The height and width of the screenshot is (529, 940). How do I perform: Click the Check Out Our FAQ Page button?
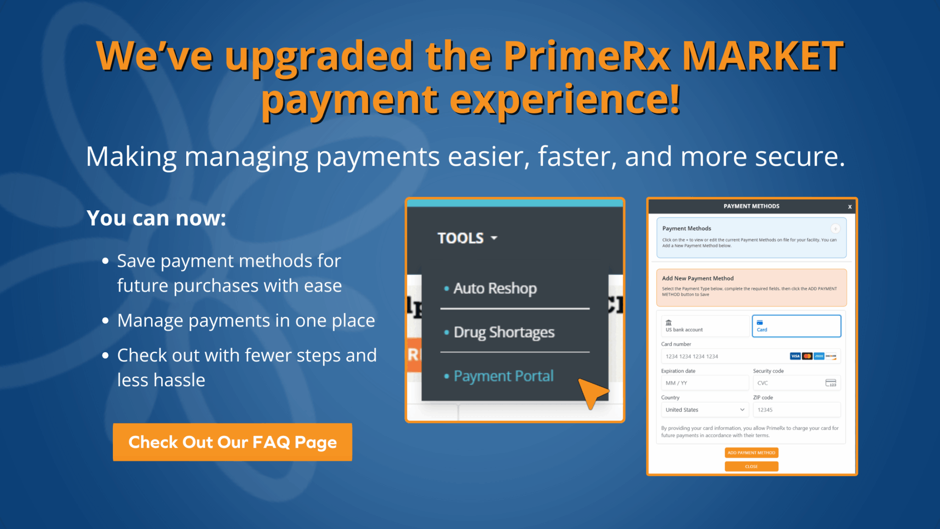pos(232,442)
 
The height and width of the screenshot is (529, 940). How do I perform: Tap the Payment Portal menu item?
pos(503,376)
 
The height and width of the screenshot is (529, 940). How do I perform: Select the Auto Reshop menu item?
pos(495,288)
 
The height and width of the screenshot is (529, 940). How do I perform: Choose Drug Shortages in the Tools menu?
pos(504,332)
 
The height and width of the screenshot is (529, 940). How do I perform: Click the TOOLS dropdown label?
pos(467,238)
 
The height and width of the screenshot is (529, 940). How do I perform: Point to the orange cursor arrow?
pos(592,392)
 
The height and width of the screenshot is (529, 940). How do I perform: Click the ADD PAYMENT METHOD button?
pos(751,453)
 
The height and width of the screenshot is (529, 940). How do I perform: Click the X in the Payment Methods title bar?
pos(850,207)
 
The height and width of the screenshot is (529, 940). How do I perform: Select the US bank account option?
pos(705,326)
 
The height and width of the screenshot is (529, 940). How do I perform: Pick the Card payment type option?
pos(796,326)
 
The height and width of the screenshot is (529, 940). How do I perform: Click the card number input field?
pos(725,356)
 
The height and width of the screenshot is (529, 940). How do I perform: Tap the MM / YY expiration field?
pos(705,383)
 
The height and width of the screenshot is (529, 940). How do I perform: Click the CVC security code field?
pos(789,383)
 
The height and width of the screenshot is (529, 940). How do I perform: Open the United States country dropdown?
pos(705,410)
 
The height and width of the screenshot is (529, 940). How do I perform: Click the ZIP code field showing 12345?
pos(796,410)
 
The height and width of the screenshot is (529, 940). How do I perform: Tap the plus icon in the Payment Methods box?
pos(835,229)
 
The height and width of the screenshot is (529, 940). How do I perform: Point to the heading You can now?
pos(156,218)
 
